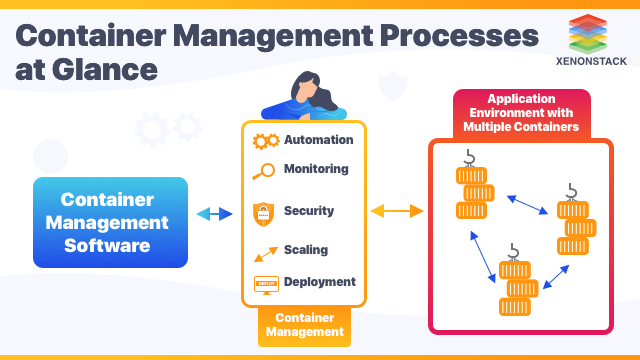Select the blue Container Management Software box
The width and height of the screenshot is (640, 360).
[x=110, y=222]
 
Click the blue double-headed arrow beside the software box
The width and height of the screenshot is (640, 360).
[x=213, y=214]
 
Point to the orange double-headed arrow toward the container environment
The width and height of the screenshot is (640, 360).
[x=397, y=211]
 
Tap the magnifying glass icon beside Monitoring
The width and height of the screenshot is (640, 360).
[x=264, y=171]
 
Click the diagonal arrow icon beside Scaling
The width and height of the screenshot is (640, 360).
[x=264, y=251]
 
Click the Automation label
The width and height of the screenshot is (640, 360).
[x=318, y=140]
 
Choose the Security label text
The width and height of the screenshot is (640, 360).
[x=309, y=211]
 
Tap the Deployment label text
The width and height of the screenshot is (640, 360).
[x=319, y=282]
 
